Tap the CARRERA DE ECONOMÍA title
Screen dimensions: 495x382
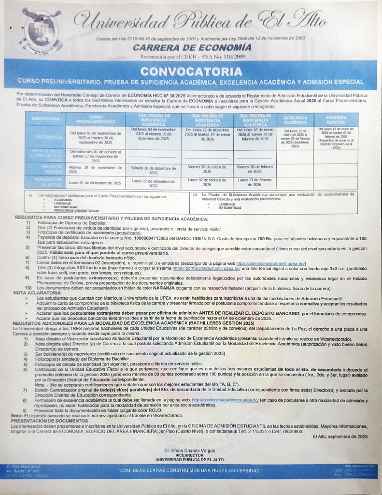[192, 47]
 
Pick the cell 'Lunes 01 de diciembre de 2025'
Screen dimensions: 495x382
[95, 183]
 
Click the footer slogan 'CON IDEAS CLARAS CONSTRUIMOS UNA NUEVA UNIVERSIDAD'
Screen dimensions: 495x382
[191, 470]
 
